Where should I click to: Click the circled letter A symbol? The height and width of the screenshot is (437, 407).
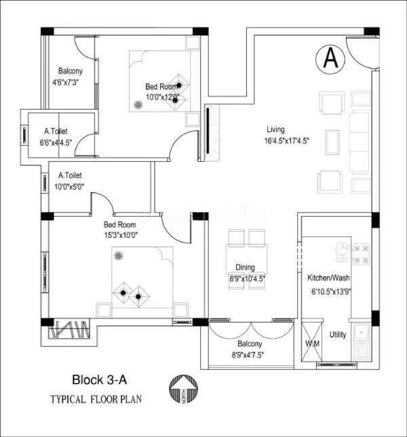[x=330, y=58]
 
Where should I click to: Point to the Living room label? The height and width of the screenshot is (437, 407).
[x=275, y=129]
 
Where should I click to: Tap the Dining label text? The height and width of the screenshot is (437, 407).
[x=245, y=267]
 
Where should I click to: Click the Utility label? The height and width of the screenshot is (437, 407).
[x=337, y=335]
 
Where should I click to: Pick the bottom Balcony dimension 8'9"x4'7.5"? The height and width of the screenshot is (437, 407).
[x=248, y=354]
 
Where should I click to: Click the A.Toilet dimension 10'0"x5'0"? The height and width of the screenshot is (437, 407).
[x=71, y=186]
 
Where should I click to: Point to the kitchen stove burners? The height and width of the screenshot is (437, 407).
[x=360, y=254]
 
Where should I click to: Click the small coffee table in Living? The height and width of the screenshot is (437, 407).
[x=334, y=143]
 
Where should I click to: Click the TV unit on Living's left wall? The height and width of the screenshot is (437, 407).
[x=208, y=132]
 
